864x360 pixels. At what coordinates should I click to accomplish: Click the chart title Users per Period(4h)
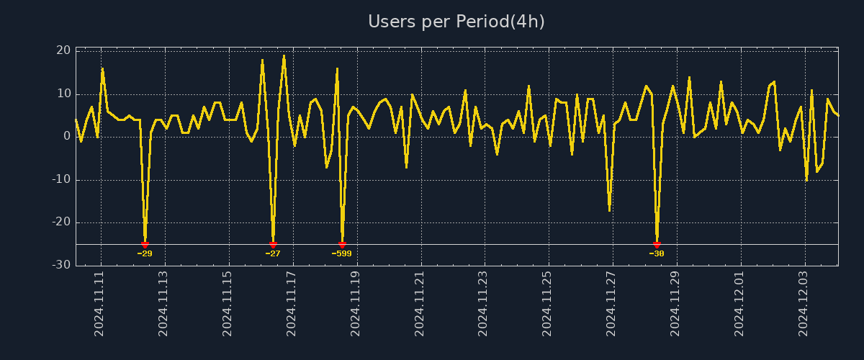[x=456, y=22]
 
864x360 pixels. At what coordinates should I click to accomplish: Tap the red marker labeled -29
[x=145, y=245]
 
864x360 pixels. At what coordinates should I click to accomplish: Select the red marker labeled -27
[x=273, y=245]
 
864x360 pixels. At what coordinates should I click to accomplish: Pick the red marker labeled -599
[x=342, y=245]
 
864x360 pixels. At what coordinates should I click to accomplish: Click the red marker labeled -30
[x=657, y=245]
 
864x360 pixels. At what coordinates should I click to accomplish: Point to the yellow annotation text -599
[x=342, y=253]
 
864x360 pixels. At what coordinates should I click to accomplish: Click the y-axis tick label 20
[x=63, y=50]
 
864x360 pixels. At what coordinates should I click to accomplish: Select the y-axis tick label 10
[x=63, y=94]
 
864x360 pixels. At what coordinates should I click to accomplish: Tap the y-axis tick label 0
[x=67, y=136]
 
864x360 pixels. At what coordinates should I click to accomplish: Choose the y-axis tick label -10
[x=61, y=179]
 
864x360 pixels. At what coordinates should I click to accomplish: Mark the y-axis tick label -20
[x=61, y=222]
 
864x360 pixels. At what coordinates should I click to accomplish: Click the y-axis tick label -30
[x=61, y=265]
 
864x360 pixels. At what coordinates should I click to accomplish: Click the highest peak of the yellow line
[x=284, y=55]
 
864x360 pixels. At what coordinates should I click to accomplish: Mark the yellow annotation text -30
[x=657, y=253]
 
